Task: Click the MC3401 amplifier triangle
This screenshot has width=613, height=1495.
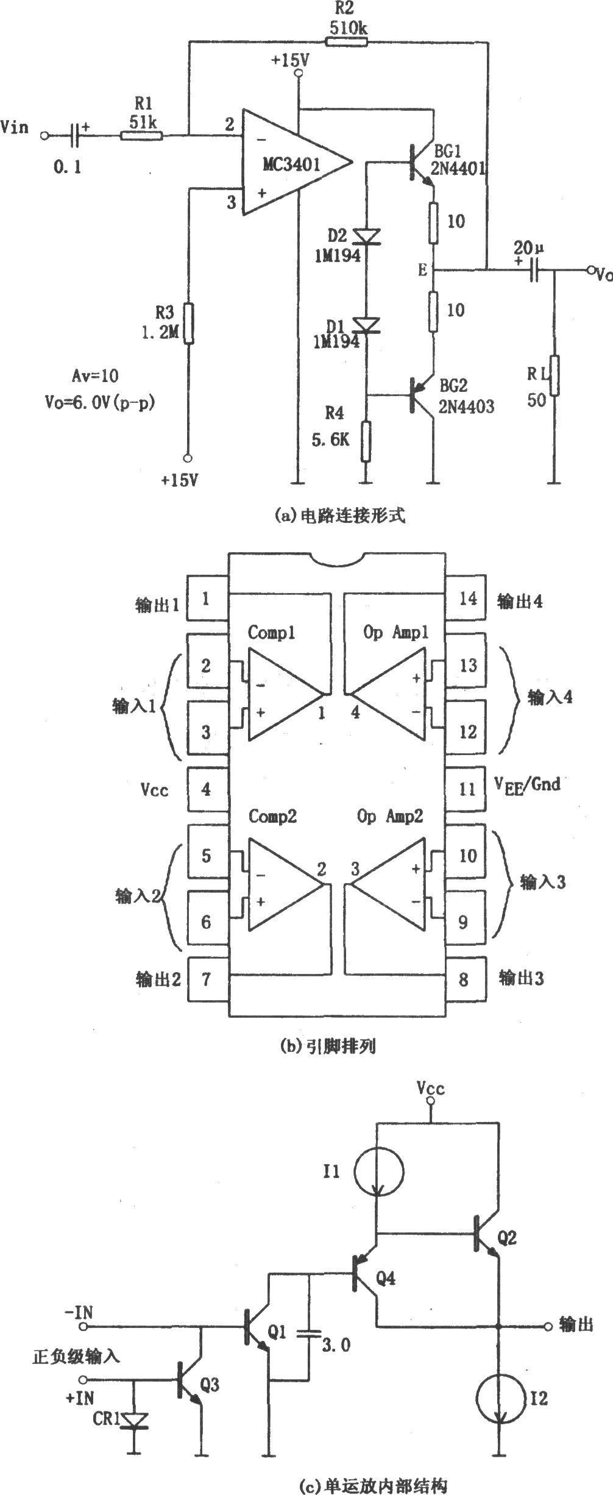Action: (x=292, y=163)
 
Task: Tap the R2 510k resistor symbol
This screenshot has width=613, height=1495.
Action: (x=347, y=41)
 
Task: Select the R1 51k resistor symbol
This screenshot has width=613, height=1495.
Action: (x=141, y=135)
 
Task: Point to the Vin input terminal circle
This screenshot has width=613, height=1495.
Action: (x=44, y=135)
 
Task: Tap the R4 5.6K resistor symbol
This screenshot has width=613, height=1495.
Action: (x=366, y=440)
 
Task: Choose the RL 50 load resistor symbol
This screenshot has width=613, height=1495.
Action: (x=554, y=376)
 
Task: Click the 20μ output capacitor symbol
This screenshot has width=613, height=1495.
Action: (x=534, y=269)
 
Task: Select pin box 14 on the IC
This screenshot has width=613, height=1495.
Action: (x=467, y=598)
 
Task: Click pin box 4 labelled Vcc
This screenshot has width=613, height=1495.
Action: (x=206, y=789)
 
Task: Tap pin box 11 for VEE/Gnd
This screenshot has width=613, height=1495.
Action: (x=467, y=789)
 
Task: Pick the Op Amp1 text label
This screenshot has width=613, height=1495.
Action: (x=395, y=633)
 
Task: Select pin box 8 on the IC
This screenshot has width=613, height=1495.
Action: (x=464, y=979)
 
